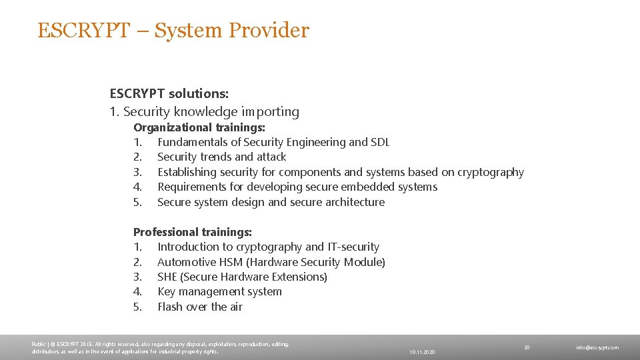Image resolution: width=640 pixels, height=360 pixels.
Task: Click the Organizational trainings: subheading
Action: tap(199, 127)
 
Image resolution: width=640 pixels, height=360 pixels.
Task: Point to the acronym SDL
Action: tap(380, 142)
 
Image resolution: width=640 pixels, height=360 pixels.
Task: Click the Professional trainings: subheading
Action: tap(193, 232)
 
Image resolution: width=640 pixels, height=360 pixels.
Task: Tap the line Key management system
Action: tap(219, 292)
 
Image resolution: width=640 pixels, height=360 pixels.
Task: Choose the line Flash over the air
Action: tap(199, 307)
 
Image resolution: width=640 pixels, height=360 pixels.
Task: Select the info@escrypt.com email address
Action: tap(597, 347)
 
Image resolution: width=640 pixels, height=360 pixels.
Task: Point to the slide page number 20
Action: tap(527, 347)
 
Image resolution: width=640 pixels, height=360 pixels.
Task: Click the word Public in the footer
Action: tap(39, 344)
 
